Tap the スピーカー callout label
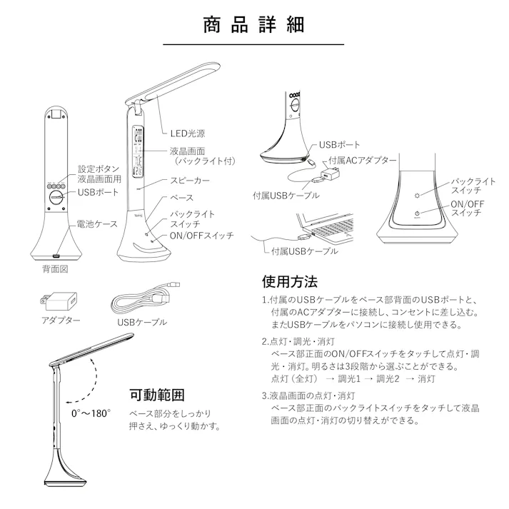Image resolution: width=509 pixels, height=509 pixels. [189, 181]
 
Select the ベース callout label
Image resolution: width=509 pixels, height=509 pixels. [181, 198]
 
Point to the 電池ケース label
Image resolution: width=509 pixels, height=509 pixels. [97, 223]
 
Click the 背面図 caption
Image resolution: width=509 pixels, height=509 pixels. [55, 270]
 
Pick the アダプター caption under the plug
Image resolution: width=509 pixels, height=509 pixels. [61, 321]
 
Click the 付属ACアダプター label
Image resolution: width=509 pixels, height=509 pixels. [362, 161]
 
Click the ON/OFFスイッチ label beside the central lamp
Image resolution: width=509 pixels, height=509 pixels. [201, 236]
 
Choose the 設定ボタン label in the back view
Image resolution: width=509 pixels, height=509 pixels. [99, 170]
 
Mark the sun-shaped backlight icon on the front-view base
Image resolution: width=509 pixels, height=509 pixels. [420, 194]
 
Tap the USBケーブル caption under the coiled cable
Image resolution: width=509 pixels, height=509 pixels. [141, 322]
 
